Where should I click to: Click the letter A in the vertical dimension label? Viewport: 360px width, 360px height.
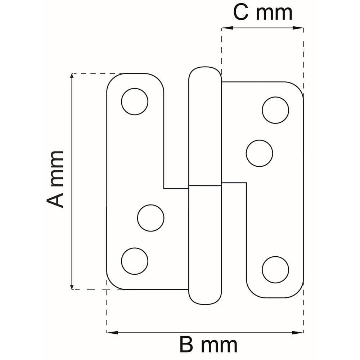coord(55,199)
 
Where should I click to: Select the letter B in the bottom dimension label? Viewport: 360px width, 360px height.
coord(186,345)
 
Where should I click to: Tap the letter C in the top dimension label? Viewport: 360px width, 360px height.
coord(241,12)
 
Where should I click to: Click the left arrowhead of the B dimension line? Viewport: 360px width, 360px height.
coord(112,332)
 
